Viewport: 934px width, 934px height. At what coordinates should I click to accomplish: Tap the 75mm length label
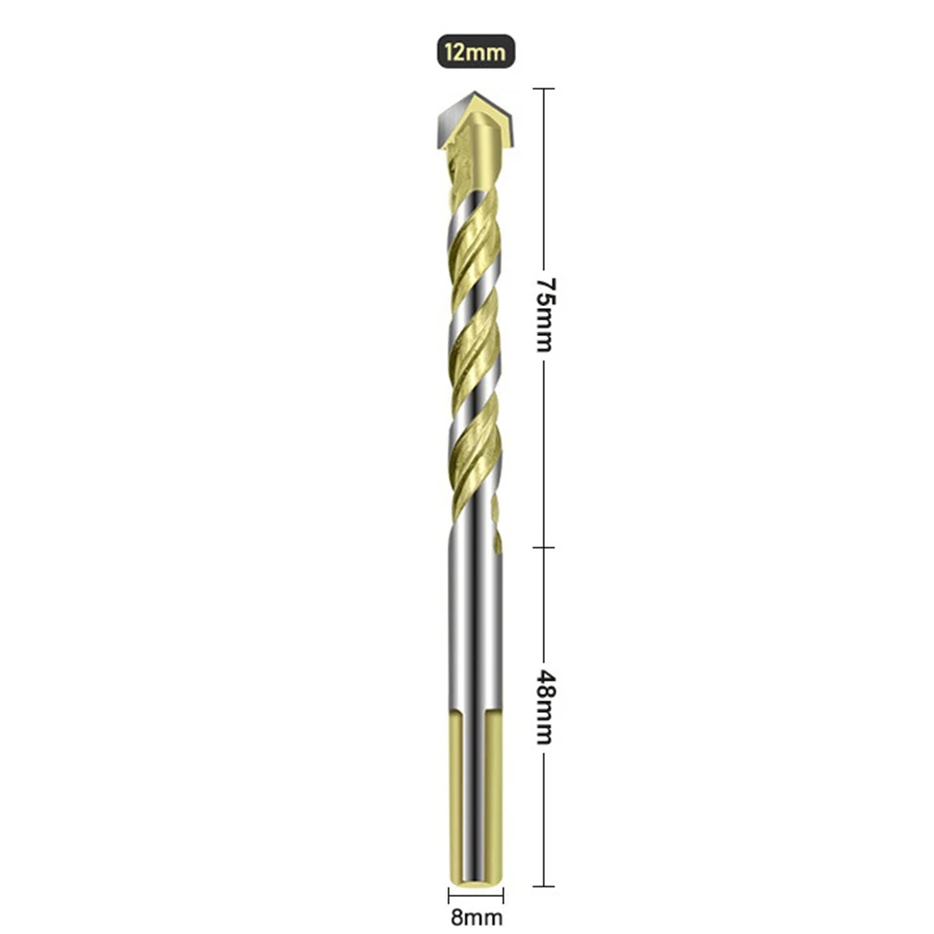tap(544, 314)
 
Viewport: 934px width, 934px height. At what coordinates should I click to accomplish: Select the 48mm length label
tap(544, 705)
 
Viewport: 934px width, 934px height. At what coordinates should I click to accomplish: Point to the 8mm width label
tap(476, 917)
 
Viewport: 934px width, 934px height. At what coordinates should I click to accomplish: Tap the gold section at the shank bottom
tap(476, 793)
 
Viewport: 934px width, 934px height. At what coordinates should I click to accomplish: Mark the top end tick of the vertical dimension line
tap(544, 89)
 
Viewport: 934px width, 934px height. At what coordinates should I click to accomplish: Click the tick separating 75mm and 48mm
tap(544, 548)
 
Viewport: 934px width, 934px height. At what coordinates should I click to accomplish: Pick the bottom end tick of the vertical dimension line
tap(544, 885)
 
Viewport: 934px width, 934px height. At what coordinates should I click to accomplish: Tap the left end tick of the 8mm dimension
tap(449, 896)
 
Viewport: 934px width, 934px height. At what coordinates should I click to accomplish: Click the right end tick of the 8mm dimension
tap(503, 896)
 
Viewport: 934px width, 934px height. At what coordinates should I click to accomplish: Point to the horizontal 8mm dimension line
tap(476, 896)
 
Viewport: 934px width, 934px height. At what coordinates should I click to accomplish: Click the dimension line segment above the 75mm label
tap(544, 177)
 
